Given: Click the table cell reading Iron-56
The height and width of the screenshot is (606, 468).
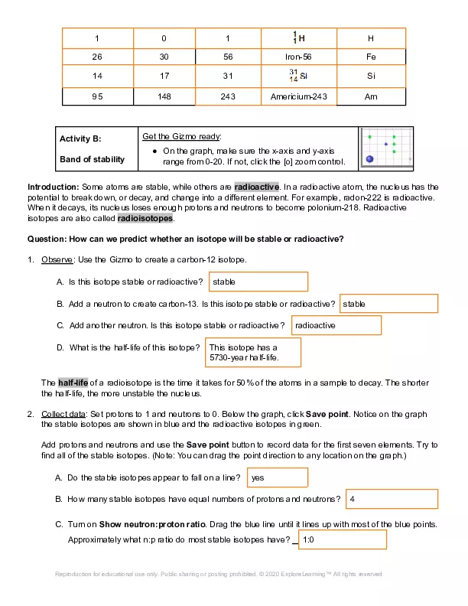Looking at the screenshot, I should [297, 57].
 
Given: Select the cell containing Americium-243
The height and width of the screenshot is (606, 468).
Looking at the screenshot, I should [297, 96].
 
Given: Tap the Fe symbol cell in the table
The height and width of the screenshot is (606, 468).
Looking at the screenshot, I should [371, 57].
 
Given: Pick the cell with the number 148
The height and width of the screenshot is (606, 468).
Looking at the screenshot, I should [163, 96].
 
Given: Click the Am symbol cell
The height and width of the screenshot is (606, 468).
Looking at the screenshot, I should [371, 96].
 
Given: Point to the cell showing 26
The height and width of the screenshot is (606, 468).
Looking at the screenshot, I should [97, 57].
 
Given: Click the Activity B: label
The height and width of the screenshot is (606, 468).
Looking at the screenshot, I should [80, 139].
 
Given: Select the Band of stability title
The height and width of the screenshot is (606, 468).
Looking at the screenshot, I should [92, 159].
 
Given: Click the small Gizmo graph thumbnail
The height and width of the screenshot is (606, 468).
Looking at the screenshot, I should [385, 148].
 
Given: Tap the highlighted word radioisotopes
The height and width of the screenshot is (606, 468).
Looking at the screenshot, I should [145, 217].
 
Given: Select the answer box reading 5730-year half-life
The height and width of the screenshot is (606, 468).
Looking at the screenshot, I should [254, 352].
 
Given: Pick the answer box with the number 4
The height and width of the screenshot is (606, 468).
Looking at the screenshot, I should [392, 499].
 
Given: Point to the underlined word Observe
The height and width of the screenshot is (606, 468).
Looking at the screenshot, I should [57, 260].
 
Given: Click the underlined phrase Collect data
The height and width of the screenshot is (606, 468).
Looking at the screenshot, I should [63, 413].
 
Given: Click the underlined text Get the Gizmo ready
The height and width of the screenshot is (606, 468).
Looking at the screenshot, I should [181, 136].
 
